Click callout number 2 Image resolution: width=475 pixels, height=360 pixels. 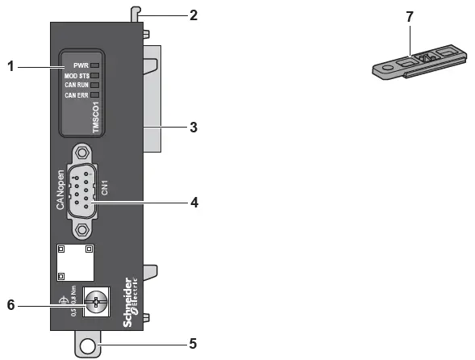pos(193,15)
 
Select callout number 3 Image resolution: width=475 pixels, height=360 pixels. pos(193,127)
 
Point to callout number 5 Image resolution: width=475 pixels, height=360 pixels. pos(193,343)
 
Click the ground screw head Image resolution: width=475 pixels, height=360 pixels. pos(96,304)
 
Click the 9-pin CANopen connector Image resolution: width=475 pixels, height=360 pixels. pos(82,190)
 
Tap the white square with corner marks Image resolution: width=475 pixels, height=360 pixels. pos(75,260)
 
